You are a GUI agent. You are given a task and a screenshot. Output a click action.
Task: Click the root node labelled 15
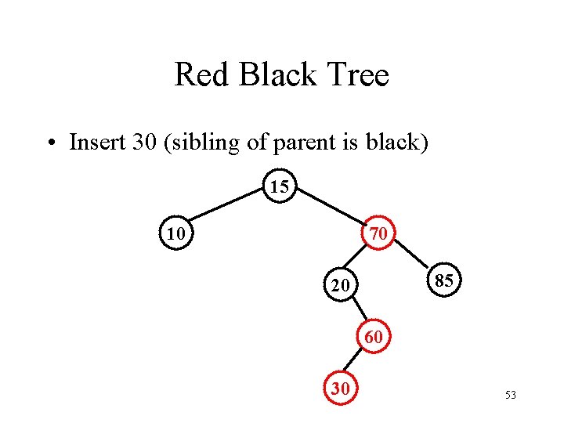tap(280, 186)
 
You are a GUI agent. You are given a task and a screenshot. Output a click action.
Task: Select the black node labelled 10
tap(177, 233)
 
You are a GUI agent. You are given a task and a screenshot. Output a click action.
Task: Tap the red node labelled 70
tap(378, 233)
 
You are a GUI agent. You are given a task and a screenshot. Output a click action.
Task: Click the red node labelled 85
tap(443, 280)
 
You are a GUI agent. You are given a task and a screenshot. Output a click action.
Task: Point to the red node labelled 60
tap(374, 337)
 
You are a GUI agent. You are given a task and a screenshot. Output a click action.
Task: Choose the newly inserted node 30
tap(340, 389)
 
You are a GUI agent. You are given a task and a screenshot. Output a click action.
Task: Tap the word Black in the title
tap(275, 76)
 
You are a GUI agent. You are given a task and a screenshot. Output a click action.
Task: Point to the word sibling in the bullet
tap(200, 143)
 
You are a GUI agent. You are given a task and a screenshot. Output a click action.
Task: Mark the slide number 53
tap(511, 396)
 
